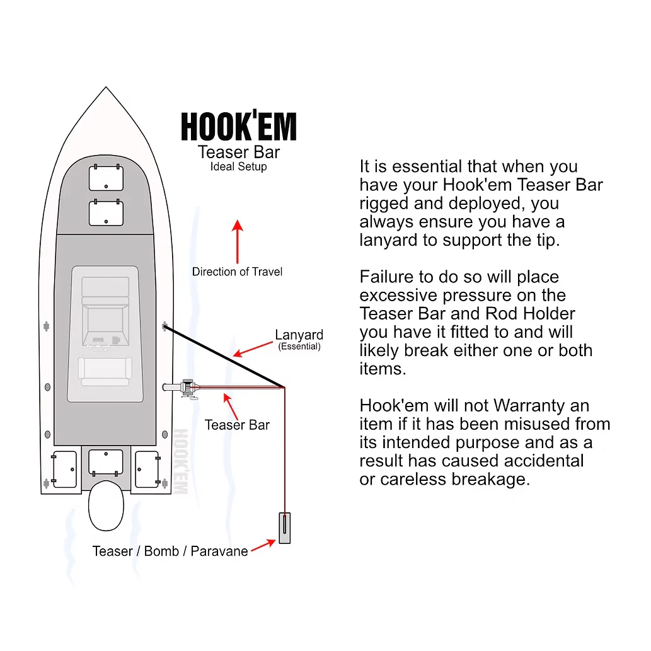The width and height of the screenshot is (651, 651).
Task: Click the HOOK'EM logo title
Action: (x=239, y=126)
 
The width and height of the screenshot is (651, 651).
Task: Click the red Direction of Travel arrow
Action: (x=238, y=241)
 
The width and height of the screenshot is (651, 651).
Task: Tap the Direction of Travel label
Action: (x=237, y=272)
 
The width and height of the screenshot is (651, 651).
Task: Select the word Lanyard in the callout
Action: (x=299, y=335)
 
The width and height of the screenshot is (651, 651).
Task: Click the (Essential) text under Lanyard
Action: (x=299, y=347)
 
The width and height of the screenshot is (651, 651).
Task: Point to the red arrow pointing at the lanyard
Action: (x=253, y=349)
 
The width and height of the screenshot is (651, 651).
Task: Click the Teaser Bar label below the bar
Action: (x=237, y=425)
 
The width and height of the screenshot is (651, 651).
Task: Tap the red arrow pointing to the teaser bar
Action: (x=231, y=406)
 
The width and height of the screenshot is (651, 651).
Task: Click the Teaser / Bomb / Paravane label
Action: (x=170, y=551)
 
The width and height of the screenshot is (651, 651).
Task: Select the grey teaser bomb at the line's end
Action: (x=284, y=528)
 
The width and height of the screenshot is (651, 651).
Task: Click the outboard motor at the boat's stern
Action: (x=107, y=505)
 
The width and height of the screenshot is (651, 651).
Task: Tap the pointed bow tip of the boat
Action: (x=106, y=87)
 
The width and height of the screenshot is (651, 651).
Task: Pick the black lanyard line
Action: (x=224, y=357)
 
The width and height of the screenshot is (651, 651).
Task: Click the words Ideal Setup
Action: (x=238, y=166)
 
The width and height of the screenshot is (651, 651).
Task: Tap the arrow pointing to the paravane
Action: (x=263, y=546)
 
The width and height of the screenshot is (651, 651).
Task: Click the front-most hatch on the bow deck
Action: (x=107, y=178)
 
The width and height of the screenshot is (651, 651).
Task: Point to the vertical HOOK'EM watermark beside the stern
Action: (x=181, y=461)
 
